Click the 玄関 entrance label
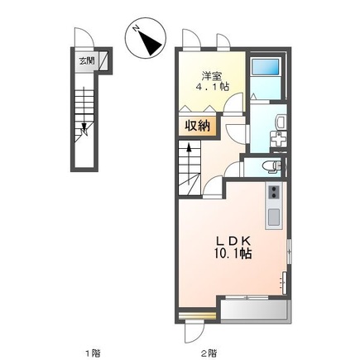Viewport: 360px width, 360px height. pos(87,60)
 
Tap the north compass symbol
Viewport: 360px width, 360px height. pos(146,38)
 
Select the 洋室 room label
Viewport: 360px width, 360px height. pos(212,75)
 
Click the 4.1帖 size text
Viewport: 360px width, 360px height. pos(212,87)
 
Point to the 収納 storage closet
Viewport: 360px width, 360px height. pos(197,127)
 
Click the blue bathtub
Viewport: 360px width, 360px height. pos(266,66)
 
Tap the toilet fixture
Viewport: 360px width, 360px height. pos(271,167)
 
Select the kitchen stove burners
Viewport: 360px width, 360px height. pos(274,191)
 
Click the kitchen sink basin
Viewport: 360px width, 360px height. pos(274,216)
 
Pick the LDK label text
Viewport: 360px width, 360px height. pos(233,241)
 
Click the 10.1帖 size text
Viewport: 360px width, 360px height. pos(233,253)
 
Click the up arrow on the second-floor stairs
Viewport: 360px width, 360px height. pos(189,164)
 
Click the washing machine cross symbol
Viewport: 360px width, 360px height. pos(278,139)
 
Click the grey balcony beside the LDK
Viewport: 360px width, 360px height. pos(255,310)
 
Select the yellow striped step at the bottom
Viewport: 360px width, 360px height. pos(197,315)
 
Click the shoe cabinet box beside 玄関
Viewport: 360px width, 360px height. pos(103,60)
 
